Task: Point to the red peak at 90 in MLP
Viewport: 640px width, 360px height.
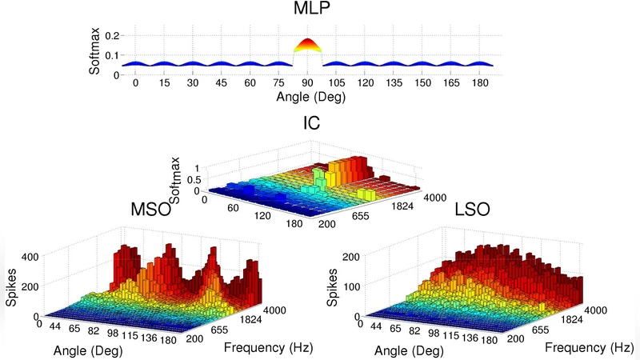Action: click(x=307, y=46)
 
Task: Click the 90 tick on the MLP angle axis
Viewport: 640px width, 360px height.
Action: click(x=307, y=83)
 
